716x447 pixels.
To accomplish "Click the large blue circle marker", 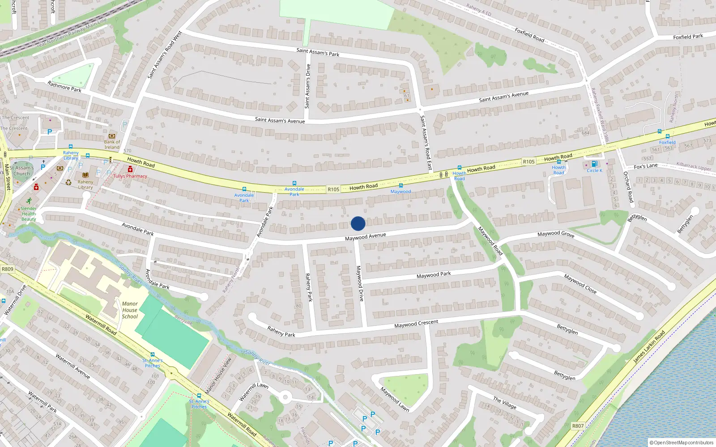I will pyautogui.click(x=358, y=223).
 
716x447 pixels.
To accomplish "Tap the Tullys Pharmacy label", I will pyautogui.click(x=130, y=176).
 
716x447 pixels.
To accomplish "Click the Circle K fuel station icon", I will pyautogui.click(x=594, y=164).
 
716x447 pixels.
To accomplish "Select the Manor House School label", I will pyautogui.click(x=130, y=310).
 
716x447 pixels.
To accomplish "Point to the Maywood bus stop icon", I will pyautogui.click(x=401, y=186).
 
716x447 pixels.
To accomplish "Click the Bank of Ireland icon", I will pyautogui.click(x=112, y=136).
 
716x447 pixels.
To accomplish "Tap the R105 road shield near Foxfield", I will pyautogui.click(x=528, y=162).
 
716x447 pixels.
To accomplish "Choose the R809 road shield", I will pyautogui.click(x=8, y=269).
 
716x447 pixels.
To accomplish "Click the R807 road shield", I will pyautogui.click(x=578, y=426).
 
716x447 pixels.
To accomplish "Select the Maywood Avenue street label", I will pyautogui.click(x=365, y=236).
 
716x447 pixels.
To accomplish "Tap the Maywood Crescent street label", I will pyautogui.click(x=416, y=324).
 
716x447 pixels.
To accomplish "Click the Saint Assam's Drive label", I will pyautogui.click(x=307, y=86).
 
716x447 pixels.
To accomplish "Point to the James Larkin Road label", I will pyautogui.click(x=649, y=346).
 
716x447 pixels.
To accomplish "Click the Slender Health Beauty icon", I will pyautogui.click(x=29, y=201).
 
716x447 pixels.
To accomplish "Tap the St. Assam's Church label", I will pyautogui.click(x=21, y=171).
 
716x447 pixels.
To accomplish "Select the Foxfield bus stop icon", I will pyautogui.click(x=667, y=136).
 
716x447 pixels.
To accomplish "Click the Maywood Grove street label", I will pyautogui.click(x=556, y=234).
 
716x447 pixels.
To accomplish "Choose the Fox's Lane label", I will pyautogui.click(x=646, y=166).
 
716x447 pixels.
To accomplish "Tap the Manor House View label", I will pyautogui.click(x=218, y=375).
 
